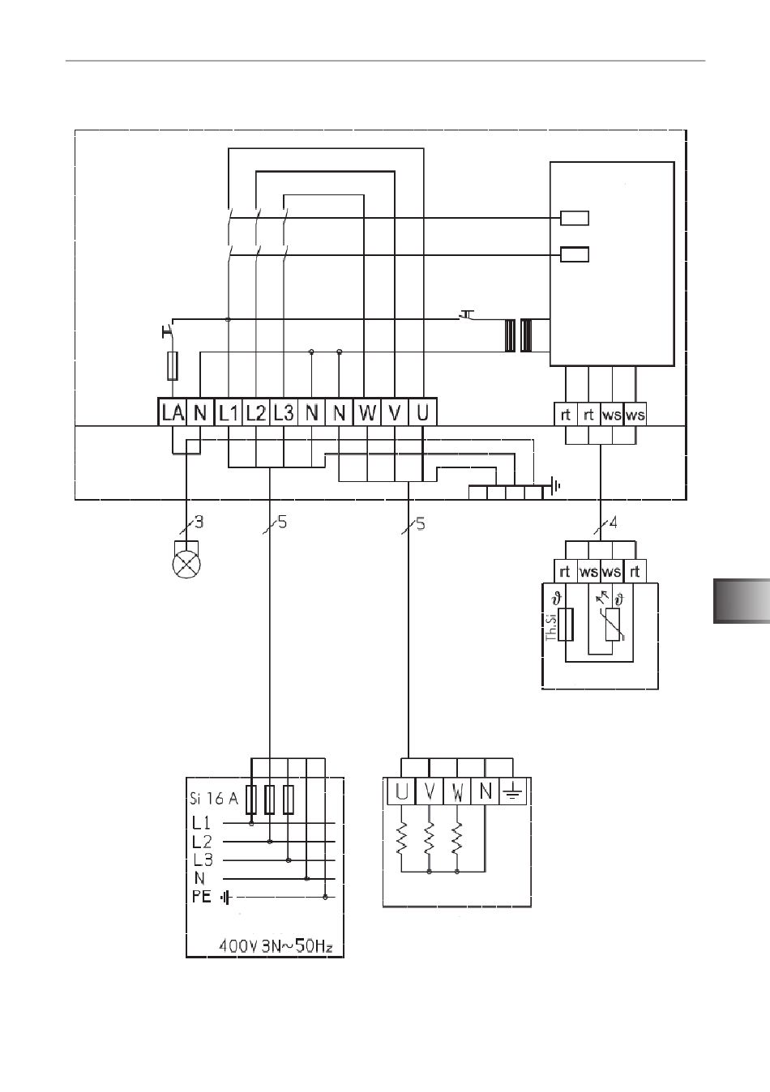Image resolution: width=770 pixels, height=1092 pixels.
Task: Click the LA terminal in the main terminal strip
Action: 173,412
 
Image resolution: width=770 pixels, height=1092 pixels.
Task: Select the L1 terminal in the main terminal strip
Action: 229,412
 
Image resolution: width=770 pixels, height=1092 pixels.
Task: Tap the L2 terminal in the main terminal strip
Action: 255,412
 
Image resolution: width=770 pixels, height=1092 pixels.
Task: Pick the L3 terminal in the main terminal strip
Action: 284,412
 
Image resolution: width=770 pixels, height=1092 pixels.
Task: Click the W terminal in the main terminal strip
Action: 366,412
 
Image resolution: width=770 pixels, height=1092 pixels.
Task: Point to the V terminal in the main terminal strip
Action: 395,412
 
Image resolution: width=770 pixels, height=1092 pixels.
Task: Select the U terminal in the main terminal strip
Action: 422,412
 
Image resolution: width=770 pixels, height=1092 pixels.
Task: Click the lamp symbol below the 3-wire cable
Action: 186,565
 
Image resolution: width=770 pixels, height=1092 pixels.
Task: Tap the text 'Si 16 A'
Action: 214,799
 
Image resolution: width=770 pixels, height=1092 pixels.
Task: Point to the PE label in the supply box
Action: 201,897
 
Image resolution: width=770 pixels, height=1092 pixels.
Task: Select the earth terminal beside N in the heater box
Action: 512,791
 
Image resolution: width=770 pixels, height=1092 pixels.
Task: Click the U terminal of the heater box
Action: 401,791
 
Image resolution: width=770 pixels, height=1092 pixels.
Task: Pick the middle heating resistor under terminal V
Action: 429,838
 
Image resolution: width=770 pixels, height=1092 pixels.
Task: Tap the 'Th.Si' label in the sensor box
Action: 550,627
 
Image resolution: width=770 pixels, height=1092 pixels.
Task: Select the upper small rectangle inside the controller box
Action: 575,218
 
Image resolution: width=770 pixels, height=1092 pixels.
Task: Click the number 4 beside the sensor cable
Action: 614,523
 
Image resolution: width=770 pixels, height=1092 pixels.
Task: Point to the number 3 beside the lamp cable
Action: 199,522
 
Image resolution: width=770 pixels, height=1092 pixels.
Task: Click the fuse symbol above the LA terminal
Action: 173,365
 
